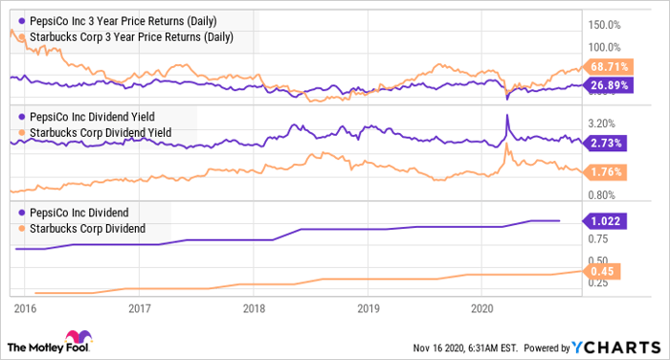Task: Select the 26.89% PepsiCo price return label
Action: pyautogui.click(x=606, y=85)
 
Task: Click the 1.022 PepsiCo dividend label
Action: pyautogui.click(x=604, y=220)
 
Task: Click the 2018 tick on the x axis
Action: pyautogui.click(x=255, y=308)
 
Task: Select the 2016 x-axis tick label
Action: pyautogui.click(x=26, y=308)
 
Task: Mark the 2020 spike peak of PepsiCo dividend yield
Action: pyautogui.click(x=506, y=116)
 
